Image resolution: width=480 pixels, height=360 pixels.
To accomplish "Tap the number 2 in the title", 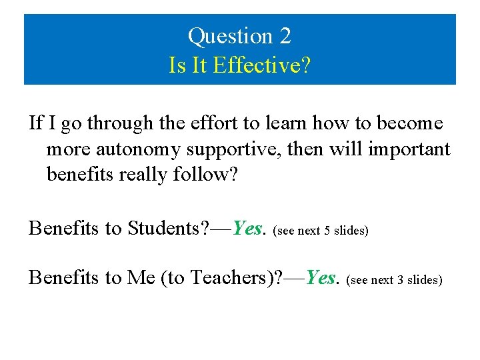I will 285,36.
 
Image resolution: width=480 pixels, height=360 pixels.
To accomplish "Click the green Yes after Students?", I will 247,229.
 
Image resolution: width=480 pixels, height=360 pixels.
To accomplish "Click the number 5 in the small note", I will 327,231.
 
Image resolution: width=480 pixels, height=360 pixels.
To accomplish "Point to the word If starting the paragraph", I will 36,123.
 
